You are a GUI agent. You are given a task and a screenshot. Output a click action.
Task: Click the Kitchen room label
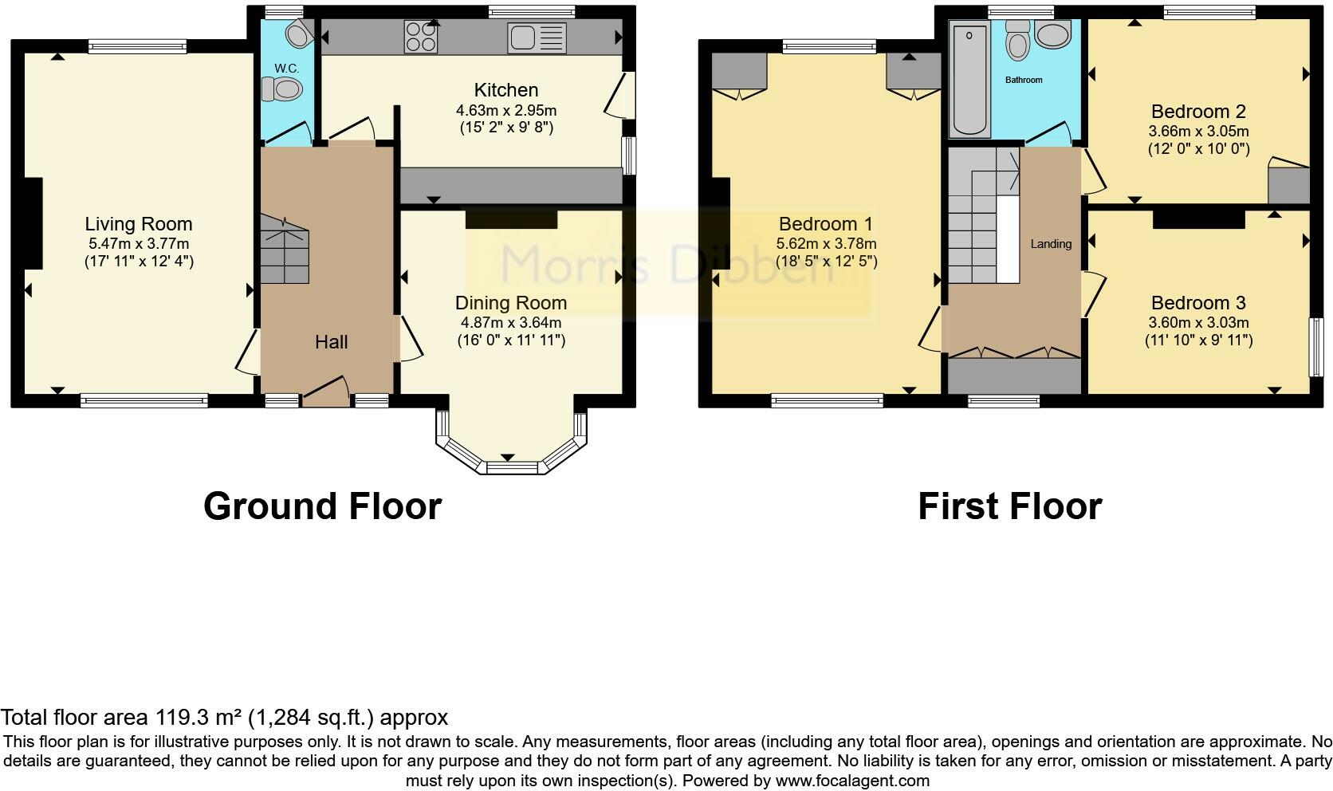pyautogui.click(x=506, y=90)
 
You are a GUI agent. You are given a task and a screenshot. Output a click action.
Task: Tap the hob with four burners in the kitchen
pyautogui.click(x=421, y=37)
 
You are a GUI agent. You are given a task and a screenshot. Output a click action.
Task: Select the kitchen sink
pyautogui.click(x=537, y=37)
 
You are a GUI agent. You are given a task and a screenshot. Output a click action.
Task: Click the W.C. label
pyautogui.click(x=286, y=69)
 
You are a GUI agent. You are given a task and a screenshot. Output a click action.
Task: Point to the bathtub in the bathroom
pyautogui.click(x=970, y=80)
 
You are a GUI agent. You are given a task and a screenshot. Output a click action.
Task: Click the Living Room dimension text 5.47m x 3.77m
pyautogui.click(x=139, y=243)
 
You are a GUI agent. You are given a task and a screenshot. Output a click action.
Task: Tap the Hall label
pyautogui.click(x=331, y=342)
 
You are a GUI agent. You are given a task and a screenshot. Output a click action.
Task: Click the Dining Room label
pyautogui.click(x=511, y=303)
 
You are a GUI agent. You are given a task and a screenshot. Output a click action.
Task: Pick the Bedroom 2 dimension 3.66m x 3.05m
pyautogui.click(x=1198, y=132)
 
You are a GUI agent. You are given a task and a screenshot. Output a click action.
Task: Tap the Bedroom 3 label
pyautogui.click(x=1198, y=303)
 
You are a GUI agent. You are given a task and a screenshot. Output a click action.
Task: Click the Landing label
pyautogui.click(x=1051, y=244)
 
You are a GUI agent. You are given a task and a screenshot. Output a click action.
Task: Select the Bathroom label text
pyautogui.click(x=1024, y=80)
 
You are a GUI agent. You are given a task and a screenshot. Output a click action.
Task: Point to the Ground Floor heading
pyautogui.click(x=322, y=506)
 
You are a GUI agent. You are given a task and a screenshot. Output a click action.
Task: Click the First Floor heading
pyautogui.click(x=1009, y=506)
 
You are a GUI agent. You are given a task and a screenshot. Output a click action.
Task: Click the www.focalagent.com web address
pyautogui.click(x=851, y=781)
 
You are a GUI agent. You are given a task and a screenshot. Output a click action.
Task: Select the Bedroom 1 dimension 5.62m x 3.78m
pyautogui.click(x=826, y=243)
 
